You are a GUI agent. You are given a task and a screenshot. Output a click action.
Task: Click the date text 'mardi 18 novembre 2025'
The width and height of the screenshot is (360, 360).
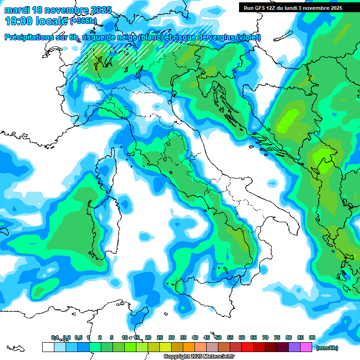point(58,10)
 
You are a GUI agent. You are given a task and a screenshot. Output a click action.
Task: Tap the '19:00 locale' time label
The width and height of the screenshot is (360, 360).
point(36,21)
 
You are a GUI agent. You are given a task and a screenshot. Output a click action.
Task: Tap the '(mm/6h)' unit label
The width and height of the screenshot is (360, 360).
point(327,348)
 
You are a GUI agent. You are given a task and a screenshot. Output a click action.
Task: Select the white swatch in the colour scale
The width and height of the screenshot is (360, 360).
point(48,347)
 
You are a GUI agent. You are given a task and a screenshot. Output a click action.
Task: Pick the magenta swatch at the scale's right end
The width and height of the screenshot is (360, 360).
point(306,347)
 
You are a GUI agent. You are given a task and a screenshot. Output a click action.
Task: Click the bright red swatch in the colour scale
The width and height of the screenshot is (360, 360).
point(247,347)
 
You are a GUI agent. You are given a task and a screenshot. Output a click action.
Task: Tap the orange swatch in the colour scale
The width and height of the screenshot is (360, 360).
point(189,347)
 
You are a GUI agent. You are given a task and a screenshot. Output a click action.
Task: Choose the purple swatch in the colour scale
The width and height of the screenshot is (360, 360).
point(294,347)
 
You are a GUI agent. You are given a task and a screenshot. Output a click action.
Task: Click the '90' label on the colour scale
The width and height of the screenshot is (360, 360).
point(312,337)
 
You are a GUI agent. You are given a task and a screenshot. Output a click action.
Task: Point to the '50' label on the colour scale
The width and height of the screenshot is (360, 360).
point(218,337)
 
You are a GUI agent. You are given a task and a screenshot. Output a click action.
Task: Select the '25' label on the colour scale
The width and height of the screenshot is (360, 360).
point(160,337)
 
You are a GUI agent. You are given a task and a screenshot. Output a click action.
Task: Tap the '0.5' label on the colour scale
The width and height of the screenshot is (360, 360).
point(78,337)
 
